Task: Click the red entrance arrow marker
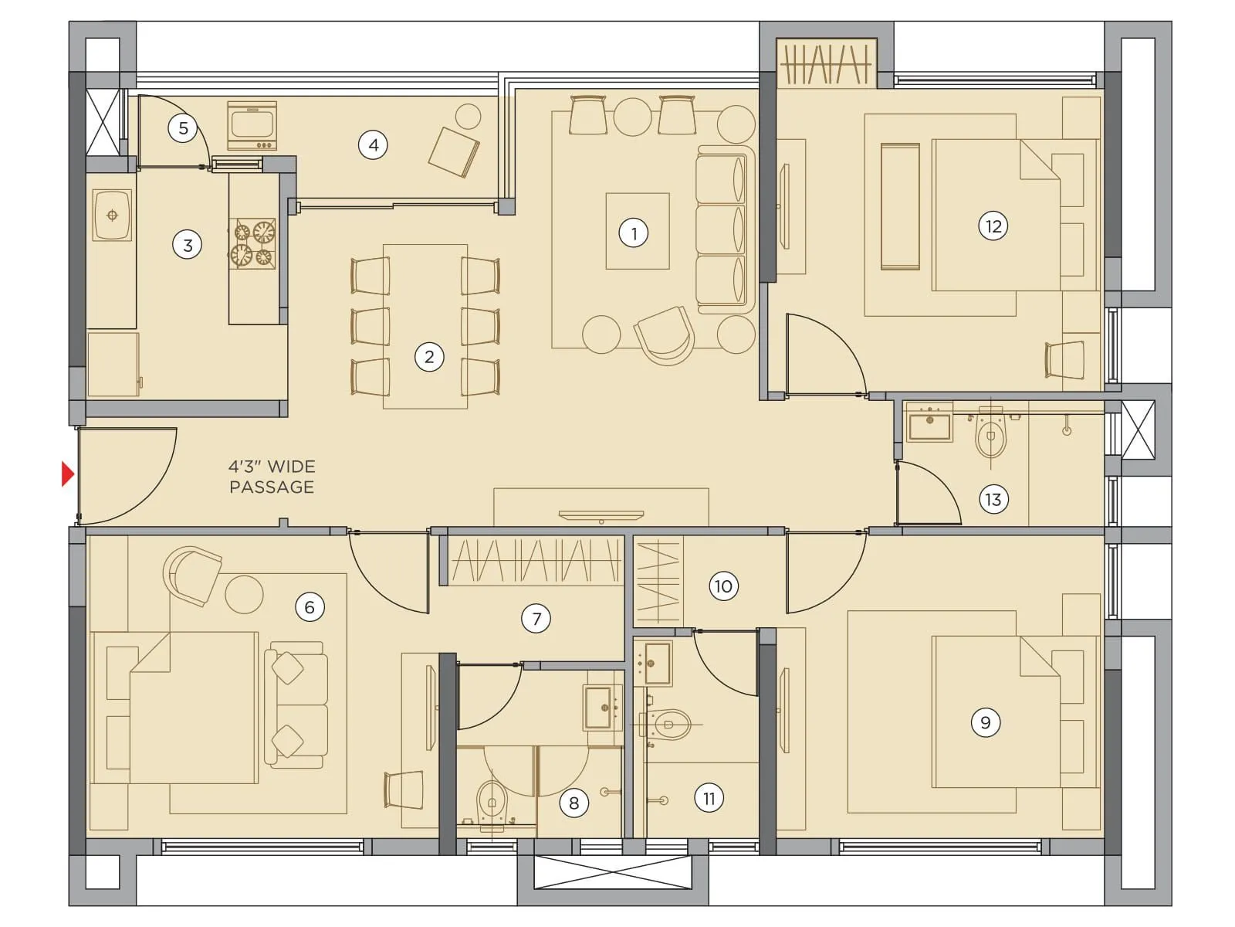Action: [x=68, y=474]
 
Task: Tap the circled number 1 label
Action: [x=634, y=233]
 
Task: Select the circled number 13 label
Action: [x=993, y=499]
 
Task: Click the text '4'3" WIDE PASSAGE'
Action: [x=272, y=477]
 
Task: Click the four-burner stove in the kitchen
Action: [x=253, y=243]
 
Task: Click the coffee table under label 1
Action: [x=637, y=231]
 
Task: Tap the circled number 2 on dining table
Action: [x=429, y=357]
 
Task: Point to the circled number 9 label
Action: [x=985, y=722]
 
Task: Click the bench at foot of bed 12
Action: [x=900, y=206]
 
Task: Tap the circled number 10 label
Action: [x=722, y=586]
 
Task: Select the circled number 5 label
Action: [x=183, y=127]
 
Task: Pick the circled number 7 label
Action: [x=536, y=618]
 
